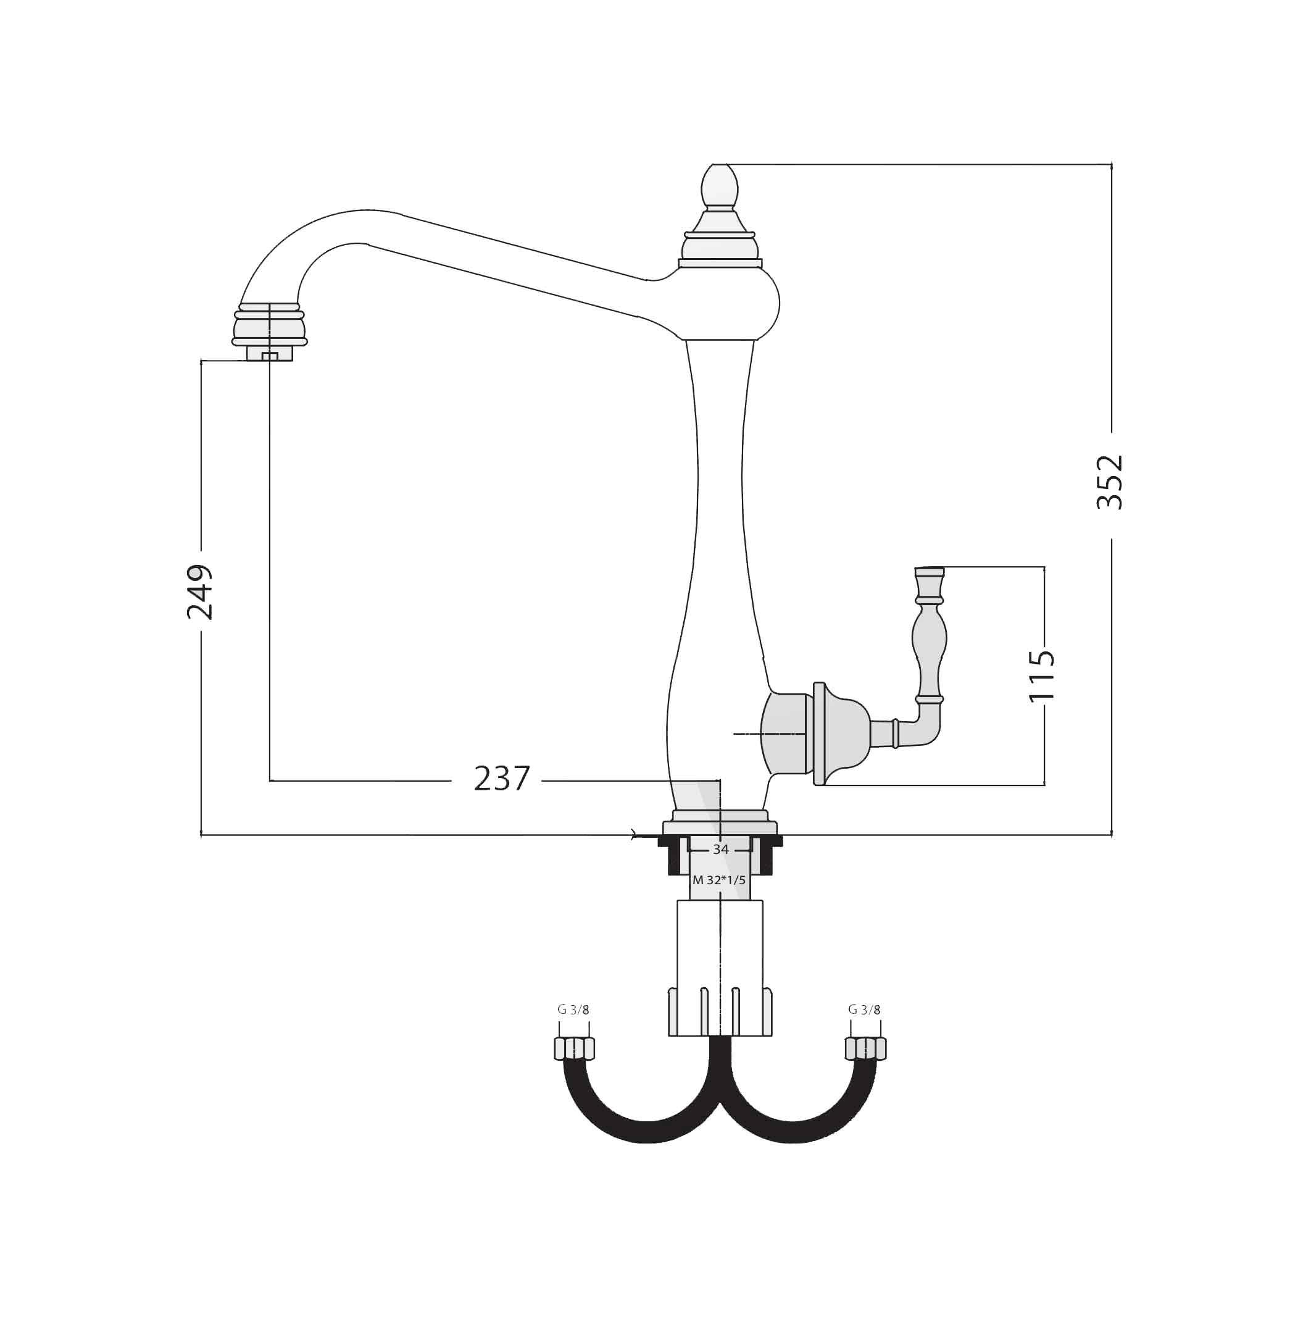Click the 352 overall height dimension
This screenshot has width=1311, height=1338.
[1110, 482]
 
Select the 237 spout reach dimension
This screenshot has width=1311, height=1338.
[502, 779]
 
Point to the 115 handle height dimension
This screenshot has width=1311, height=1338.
[1041, 675]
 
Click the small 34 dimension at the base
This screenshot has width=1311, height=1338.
[720, 850]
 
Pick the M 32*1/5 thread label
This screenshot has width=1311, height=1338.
[719, 880]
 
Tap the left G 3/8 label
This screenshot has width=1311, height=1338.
[573, 1010]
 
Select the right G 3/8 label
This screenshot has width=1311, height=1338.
[864, 1010]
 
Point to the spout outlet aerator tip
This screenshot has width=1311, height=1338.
[269, 353]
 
